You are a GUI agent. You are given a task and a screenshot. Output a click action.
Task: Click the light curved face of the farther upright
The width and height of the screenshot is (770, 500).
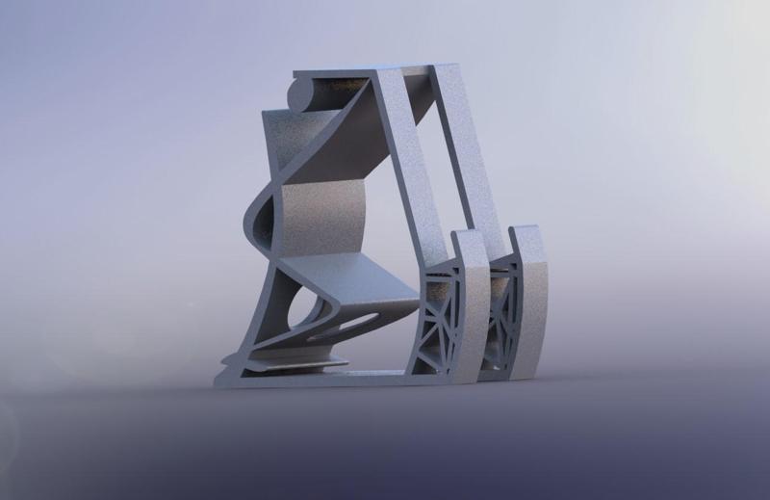click(x=534, y=308)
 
